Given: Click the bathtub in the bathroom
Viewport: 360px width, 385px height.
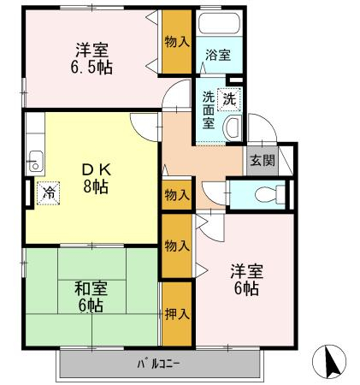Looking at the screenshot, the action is coord(219,23).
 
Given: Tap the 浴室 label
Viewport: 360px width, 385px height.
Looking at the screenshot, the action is coord(218,55).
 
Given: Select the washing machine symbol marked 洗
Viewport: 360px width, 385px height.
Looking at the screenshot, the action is coord(229,99).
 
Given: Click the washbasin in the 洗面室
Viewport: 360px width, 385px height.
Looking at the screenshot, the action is coord(233,128).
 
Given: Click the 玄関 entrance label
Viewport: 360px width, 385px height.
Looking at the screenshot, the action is coord(263,160).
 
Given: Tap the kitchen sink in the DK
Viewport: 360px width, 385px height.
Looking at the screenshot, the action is coord(35,161).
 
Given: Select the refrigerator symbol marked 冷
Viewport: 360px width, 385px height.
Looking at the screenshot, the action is coord(48,193).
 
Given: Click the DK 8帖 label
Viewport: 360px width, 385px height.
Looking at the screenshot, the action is coord(96,178).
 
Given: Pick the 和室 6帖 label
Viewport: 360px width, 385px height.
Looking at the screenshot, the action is coord(91,297).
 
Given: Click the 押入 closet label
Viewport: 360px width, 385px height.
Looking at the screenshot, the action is coord(177,314).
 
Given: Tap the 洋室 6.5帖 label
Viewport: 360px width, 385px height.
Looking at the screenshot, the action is coord(91,58).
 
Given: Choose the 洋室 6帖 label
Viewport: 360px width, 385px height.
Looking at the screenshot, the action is coord(247,280).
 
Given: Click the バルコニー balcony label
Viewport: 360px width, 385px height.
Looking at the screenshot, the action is coord(158,364).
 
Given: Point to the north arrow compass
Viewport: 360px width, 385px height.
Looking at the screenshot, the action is coord(329,362).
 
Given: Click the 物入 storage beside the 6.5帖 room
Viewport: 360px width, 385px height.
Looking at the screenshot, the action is coord(177,42).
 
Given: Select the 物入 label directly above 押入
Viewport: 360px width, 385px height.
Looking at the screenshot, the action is coord(177,246).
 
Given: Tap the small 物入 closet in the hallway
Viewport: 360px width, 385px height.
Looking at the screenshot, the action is coord(177,195).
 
